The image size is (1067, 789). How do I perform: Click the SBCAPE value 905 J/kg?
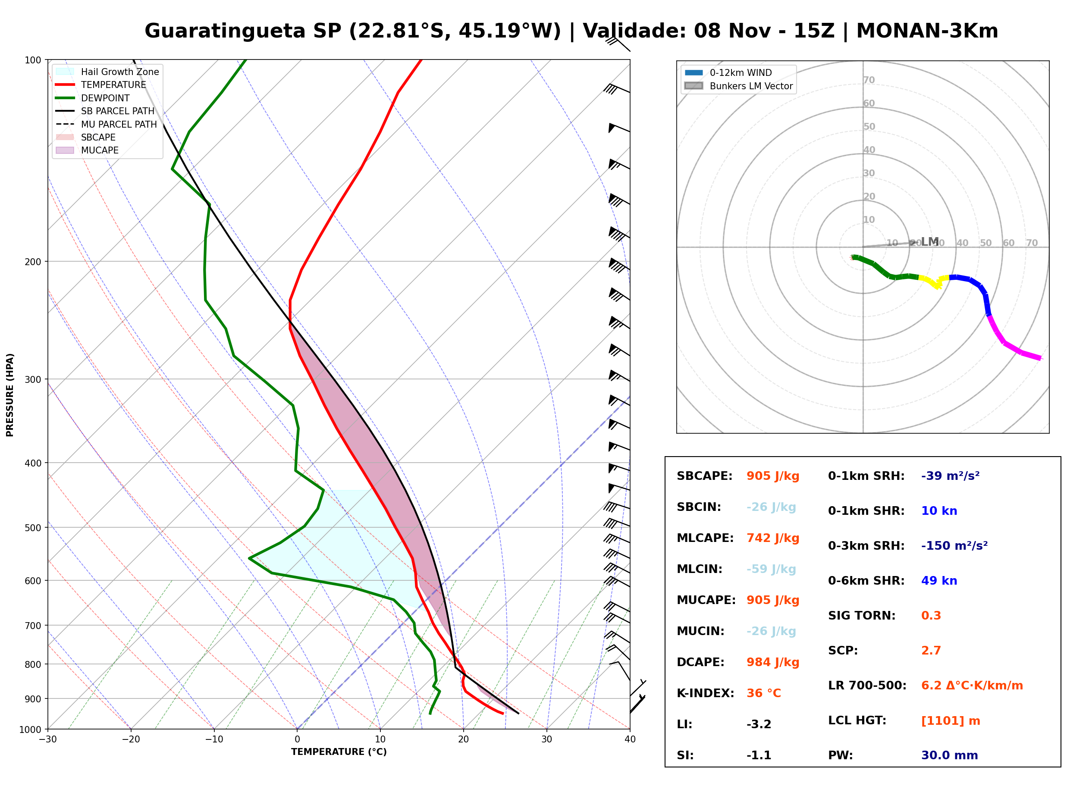coord(772,476)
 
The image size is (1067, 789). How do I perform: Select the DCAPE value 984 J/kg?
coord(772,662)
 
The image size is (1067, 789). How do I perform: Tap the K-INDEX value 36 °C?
coord(763,693)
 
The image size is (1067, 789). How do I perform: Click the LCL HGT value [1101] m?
coord(951,721)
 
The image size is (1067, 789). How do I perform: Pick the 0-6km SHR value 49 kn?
coord(939,581)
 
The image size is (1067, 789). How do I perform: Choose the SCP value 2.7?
coord(931,651)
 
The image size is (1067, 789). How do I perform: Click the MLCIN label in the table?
coord(699,569)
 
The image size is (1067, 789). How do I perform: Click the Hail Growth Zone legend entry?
coord(107,72)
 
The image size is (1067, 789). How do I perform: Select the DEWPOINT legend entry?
coord(92,98)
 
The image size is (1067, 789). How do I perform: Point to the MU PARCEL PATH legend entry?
coord(106,124)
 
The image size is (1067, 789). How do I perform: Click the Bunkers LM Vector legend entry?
coord(738,86)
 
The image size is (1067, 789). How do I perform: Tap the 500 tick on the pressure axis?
coord(34,528)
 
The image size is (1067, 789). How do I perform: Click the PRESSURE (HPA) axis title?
coord(9,395)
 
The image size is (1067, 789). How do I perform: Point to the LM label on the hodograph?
coord(930,242)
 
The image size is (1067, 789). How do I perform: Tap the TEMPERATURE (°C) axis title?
coord(339,752)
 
